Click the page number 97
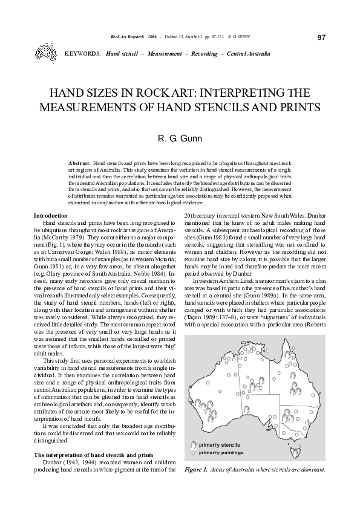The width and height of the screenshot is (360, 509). (322, 37)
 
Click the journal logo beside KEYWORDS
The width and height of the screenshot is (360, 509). (45, 51)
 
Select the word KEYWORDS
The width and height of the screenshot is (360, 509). (82, 54)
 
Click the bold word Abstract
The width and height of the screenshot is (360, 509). (79, 164)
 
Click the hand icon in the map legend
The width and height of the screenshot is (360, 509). (194, 444)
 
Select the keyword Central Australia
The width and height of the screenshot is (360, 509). (248, 54)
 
